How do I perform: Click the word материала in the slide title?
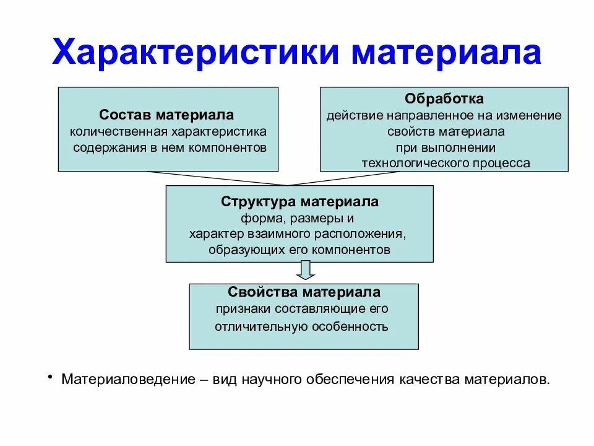point(447,53)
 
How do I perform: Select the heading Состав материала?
point(167,116)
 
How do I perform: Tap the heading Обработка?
point(444,99)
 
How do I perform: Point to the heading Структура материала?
point(299,203)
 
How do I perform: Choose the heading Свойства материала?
point(304,292)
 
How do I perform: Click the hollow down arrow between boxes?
point(304,270)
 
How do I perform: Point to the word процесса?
point(501,164)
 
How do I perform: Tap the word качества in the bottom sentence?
point(436,379)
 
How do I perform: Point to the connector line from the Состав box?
point(217,178)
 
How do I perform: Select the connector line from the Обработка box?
point(365,178)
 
